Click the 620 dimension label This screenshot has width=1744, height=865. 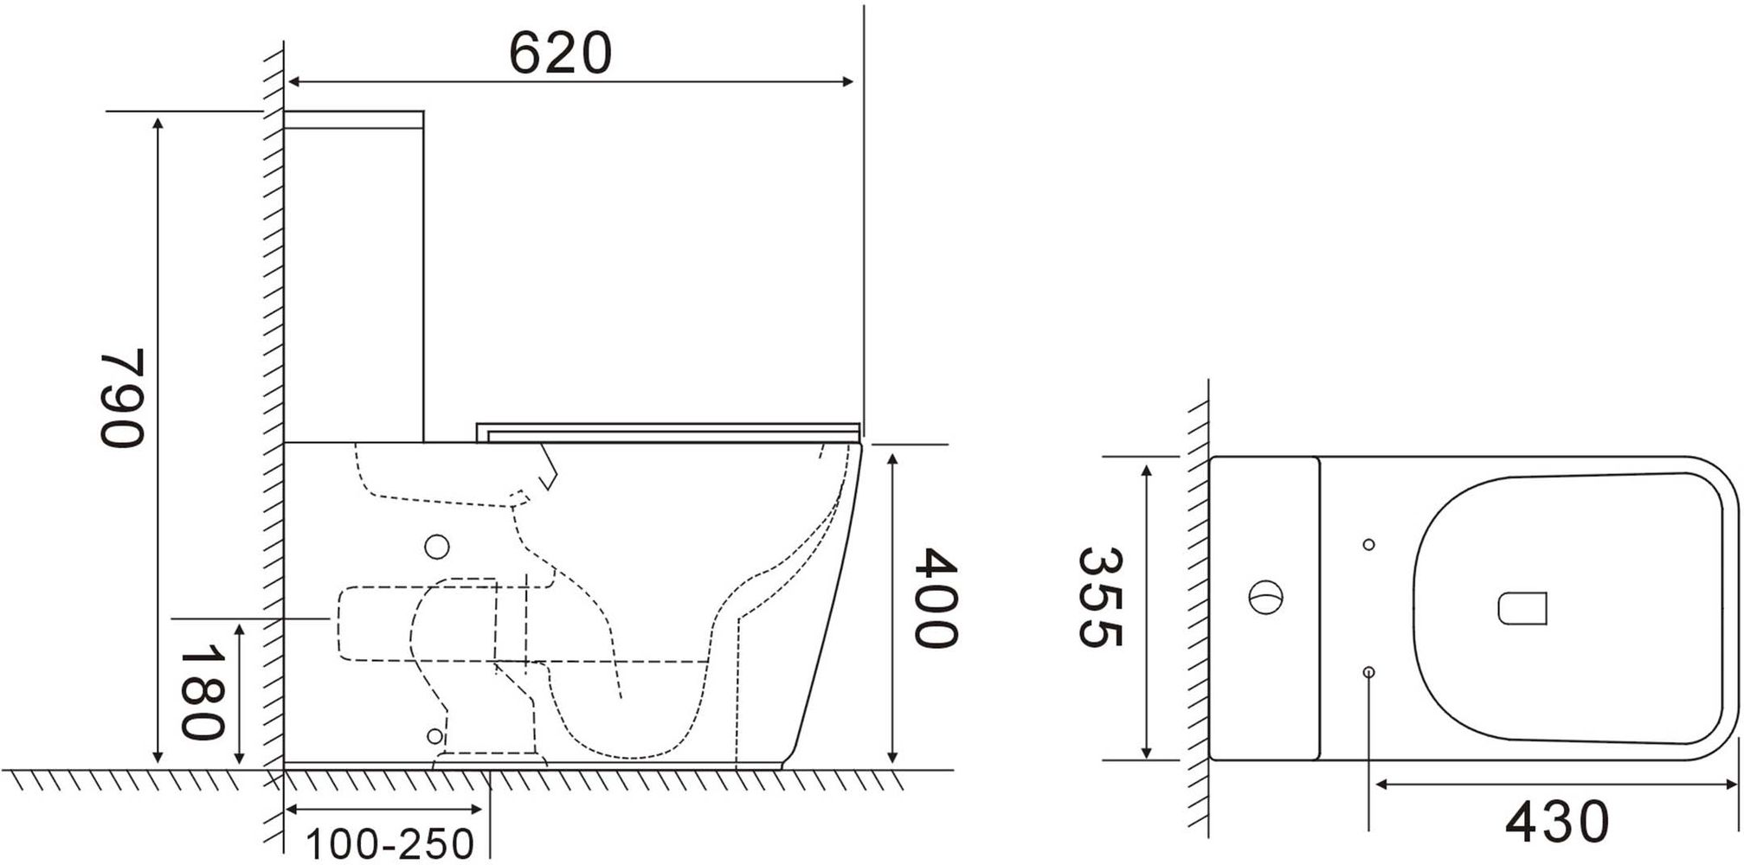[560, 53]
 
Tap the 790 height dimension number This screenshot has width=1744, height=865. [121, 399]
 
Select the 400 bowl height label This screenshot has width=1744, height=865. [936, 597]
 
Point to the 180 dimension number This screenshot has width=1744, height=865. [202, 694]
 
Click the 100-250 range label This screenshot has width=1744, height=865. [390, 844]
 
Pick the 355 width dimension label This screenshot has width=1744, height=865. [1100, 597]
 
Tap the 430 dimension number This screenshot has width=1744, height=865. [1557, 821]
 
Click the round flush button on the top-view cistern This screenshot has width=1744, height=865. [1265, 598]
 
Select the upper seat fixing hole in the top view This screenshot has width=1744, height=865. [1368, 544]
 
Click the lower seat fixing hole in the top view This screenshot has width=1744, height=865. [1368, 672]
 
